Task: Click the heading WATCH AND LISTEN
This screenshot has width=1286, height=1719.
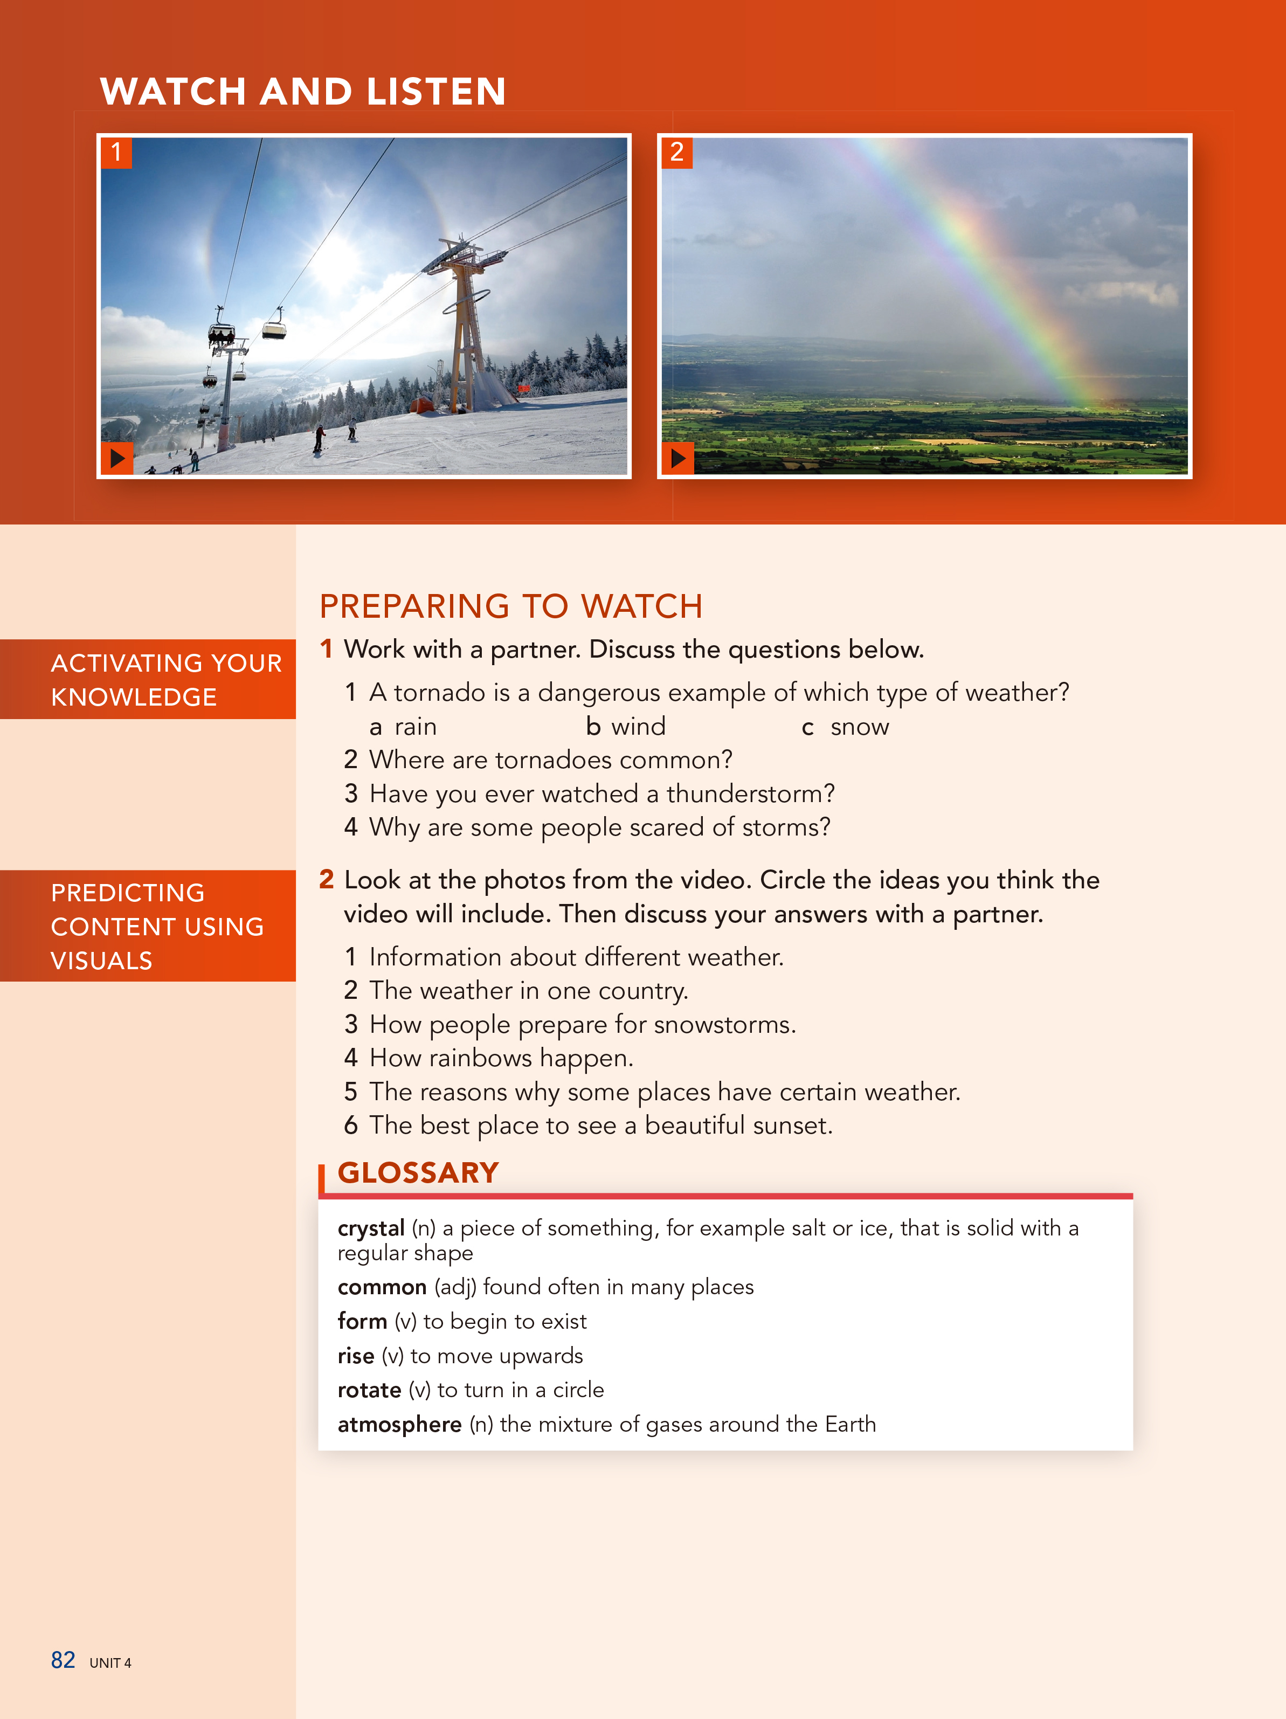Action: tap(302, 92)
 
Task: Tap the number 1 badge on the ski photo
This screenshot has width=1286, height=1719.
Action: tap(116, 153)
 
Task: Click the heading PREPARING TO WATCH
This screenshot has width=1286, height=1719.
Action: tap(510, 606)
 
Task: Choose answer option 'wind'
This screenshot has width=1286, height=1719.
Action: tap(637, 727)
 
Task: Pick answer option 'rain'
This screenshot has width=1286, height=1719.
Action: tap(415, 727)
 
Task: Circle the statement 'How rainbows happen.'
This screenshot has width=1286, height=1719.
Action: tap(501, 1058)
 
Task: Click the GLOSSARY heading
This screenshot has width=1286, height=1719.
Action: tap(418, 1172)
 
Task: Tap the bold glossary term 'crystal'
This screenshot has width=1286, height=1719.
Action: tap(371, 1228)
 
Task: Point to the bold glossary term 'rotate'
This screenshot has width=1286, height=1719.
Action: tap(369, 1390)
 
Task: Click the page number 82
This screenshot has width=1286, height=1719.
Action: tap(63, 1660)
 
